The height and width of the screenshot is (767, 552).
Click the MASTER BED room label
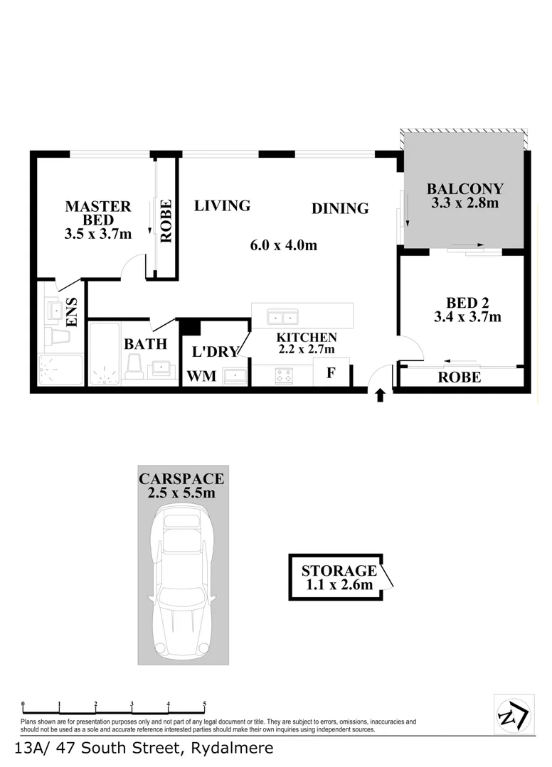point(98,213)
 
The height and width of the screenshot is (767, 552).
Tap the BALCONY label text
point(465,189)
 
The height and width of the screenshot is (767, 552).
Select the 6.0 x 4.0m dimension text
point(283,246)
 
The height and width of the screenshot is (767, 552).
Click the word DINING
point(340,208)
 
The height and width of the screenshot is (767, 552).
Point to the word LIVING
point(222,206)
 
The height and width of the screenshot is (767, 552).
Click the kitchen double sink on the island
point(282,316)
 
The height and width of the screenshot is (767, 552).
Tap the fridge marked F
point(331,372)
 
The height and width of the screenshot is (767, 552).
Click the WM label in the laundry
point(201,376)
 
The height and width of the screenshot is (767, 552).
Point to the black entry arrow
point(380,395)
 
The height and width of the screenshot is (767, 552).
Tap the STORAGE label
point(339,570)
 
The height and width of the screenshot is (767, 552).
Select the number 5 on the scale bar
point(205,704)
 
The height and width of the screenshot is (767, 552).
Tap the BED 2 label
point(467,302)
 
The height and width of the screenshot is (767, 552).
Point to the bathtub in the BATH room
point(104,353)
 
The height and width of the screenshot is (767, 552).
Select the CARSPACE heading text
point(182,478)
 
